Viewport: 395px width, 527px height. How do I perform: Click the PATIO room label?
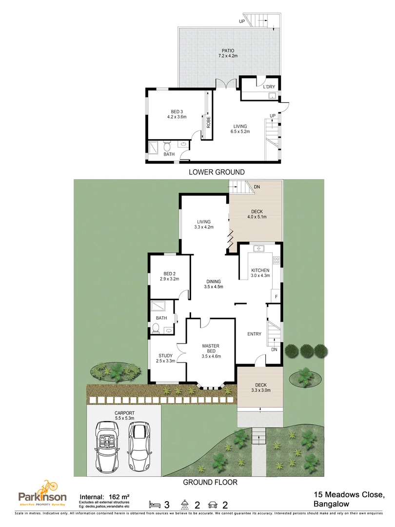228,50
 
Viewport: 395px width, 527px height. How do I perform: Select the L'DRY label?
269,87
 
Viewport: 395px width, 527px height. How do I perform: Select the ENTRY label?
254,334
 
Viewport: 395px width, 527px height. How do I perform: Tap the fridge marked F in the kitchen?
276,296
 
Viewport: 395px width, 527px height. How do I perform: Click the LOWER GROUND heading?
216,172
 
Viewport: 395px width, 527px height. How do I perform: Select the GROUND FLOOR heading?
210,482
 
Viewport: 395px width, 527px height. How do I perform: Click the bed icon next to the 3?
155,504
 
